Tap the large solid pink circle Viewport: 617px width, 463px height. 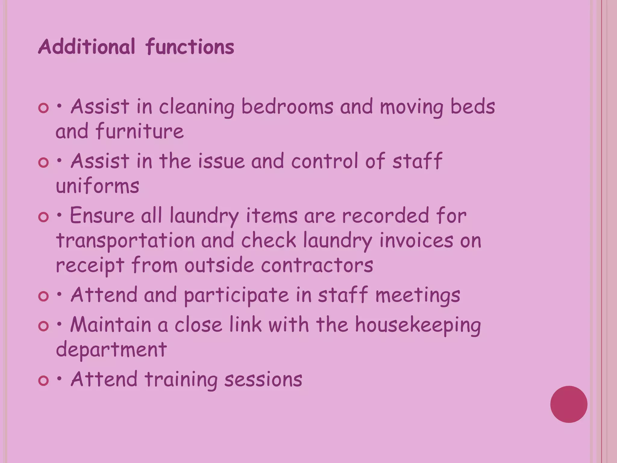pos(569,404)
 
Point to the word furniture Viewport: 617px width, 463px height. pos(140,131)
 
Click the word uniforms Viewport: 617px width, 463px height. pos(98,186)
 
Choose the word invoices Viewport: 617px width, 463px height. pos(416,241)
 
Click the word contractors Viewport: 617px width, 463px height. pos(317,265)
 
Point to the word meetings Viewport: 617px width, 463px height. pos(418,295)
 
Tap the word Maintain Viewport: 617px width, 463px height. pos(111,325)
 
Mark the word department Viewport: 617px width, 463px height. pos(111,350)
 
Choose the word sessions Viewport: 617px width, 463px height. pos(263,379)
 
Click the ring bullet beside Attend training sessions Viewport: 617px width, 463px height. pos(44,381)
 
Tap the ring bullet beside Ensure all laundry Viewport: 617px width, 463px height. pos(44,217)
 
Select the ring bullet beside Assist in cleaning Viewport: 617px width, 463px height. pos(44,108)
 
